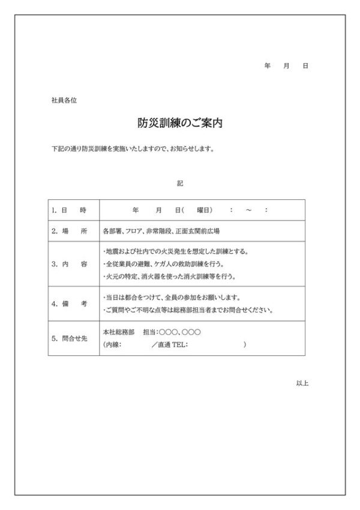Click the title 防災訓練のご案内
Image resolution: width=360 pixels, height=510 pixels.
point(181,124)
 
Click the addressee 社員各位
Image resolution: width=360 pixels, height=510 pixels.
point(64,100)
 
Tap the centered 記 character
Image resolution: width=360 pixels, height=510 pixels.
point(180,182)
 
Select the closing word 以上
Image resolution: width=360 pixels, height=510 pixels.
point(302,382)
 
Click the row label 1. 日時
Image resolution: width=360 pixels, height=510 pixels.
point(70,210)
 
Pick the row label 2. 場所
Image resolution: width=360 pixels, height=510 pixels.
point(70,231)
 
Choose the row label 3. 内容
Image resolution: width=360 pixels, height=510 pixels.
point(70,264)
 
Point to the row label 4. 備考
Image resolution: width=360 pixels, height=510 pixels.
point(70,304)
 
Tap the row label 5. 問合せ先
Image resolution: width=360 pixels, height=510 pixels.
point(70,338)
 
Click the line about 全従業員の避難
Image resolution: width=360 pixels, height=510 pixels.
point(170,264)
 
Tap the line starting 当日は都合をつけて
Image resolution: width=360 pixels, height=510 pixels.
point(173,298)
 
